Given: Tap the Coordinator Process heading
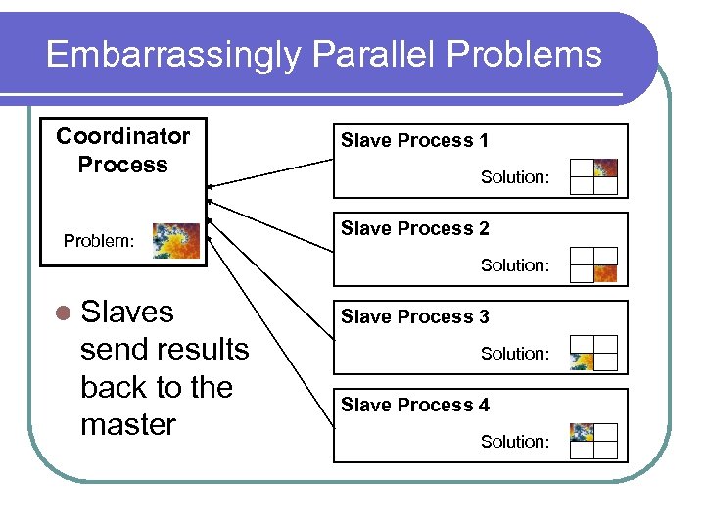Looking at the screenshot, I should (122, 150).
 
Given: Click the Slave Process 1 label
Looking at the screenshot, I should (414, 141).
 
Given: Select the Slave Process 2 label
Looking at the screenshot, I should (414, 229).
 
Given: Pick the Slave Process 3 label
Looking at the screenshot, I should (414, 317).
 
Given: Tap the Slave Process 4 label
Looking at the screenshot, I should (414, 406).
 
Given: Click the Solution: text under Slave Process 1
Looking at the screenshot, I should (514, 177).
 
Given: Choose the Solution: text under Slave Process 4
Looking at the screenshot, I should (514, 442).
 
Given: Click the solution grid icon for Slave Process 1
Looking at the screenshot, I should (593, 176).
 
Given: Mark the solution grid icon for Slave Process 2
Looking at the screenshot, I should (593, 264).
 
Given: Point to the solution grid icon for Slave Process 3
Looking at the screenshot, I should (593, 353).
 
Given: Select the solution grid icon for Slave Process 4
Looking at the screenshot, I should (593, 441).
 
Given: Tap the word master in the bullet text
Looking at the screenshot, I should (127, 425).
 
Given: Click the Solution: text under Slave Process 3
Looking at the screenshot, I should (514, 354).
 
